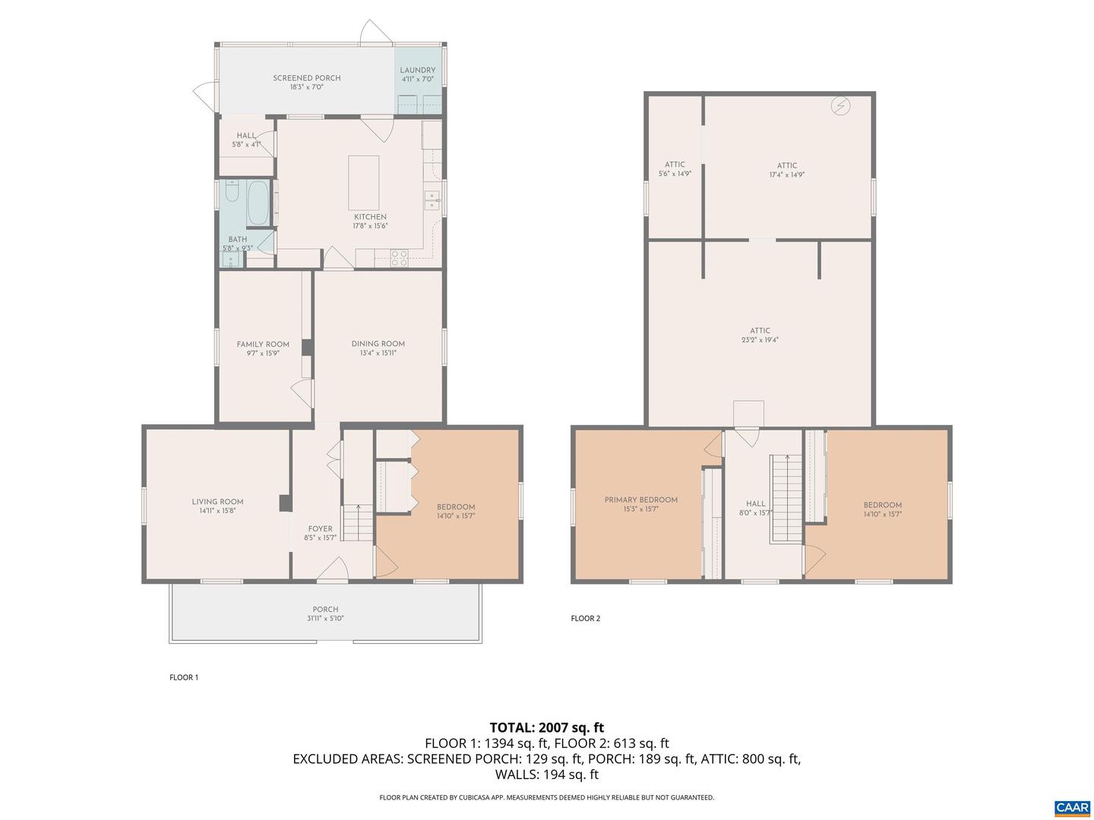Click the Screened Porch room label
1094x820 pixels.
(x=306, y=78)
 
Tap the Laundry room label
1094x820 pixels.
(x=417, y=71)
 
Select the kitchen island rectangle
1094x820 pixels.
(x=363, y=182)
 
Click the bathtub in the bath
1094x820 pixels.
(x=258, y=203)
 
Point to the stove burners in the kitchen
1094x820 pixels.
(x=399, y=257)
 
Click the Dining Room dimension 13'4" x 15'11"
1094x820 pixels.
(x=378, y=353)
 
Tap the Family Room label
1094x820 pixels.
(x=263, y=344)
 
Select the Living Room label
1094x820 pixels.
(x=217, y=502)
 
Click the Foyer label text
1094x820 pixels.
(x=320, y=529)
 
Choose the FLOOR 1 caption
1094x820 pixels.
(x=184, y=677)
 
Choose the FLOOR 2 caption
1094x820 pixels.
(x=586, y=618)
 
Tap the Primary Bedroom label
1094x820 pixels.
(x=640, y=500)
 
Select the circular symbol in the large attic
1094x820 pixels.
(x=840, y=106)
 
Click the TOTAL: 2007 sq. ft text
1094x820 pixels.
(x=546, y=727)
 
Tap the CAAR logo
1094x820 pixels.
(x=1072, y=807)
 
